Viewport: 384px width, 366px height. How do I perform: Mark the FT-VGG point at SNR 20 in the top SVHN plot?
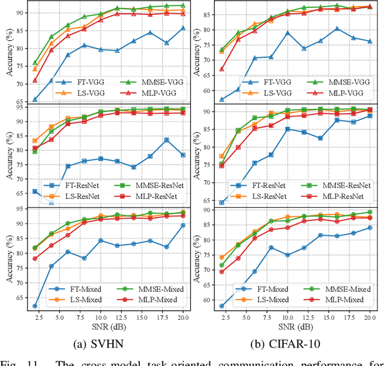tap(183, 28)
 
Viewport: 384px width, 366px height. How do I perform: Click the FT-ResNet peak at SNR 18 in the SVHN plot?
tap(166, 140)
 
